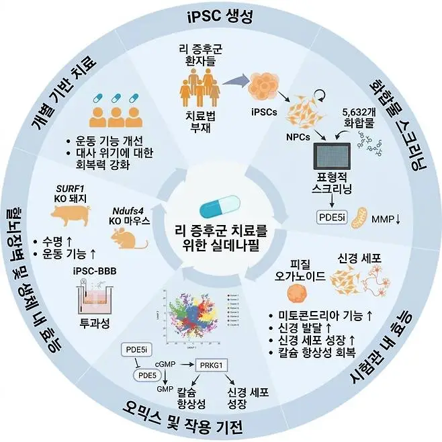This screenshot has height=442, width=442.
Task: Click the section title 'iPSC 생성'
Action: click(x=220, y=16)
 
